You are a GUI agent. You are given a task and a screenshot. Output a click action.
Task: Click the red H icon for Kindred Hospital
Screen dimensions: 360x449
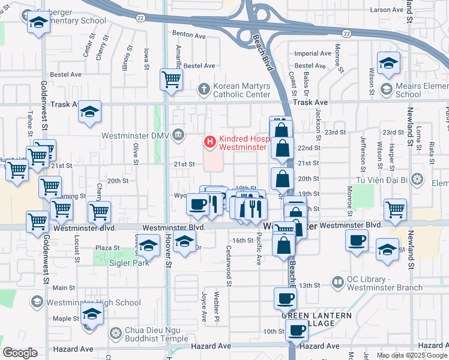coord(210,142)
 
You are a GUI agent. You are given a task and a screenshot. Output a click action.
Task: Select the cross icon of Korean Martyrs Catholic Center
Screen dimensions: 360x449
coord(205,89)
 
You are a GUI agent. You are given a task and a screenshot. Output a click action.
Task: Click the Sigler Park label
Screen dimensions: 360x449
coord(128,262)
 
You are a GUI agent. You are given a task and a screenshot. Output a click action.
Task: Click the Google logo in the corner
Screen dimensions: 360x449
coord(20,353)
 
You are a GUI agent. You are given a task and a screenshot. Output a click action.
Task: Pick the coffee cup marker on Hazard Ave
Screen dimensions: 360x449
coord(295,329)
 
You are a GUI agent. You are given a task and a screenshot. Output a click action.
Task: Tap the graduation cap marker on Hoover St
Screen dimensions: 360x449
coord(184,242)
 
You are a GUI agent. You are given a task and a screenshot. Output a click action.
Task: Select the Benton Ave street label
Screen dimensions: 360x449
coord(188,35)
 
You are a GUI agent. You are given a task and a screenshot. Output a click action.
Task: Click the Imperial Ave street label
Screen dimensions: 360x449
coord(313,53)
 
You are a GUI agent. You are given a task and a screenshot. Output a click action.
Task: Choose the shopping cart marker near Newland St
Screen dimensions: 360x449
coord(396,209)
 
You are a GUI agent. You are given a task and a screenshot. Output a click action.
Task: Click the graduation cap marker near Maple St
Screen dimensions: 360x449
coord(92,314)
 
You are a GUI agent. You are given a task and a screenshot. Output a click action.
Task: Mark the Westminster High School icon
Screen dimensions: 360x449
coord(37,302)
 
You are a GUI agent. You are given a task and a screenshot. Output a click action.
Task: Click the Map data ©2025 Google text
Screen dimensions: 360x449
coord(411,355)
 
